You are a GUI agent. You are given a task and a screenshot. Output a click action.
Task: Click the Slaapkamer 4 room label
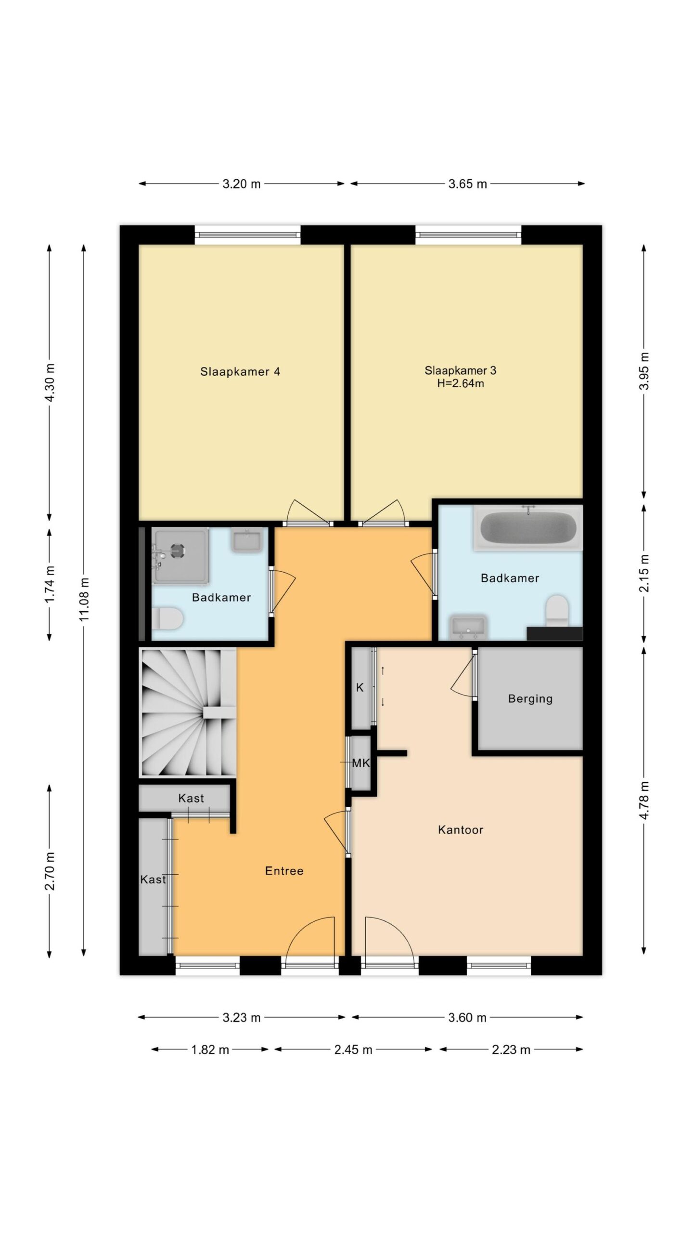240,371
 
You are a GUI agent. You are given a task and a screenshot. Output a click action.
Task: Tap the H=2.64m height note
460,383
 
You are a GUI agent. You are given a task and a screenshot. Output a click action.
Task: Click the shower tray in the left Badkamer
180,555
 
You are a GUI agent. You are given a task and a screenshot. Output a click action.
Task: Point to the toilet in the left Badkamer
167,618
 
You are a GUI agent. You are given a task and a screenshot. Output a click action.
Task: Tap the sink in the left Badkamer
247,540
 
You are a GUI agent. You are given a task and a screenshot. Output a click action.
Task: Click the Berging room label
530,699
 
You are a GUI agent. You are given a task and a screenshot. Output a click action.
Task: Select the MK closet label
361,763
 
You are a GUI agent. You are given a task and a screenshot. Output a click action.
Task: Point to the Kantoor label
461,830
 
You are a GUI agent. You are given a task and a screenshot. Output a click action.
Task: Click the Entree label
284,871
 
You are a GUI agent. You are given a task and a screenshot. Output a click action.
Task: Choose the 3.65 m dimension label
468,184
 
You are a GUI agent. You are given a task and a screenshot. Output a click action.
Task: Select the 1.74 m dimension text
50,583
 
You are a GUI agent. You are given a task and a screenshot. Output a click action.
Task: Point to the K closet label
359,688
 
